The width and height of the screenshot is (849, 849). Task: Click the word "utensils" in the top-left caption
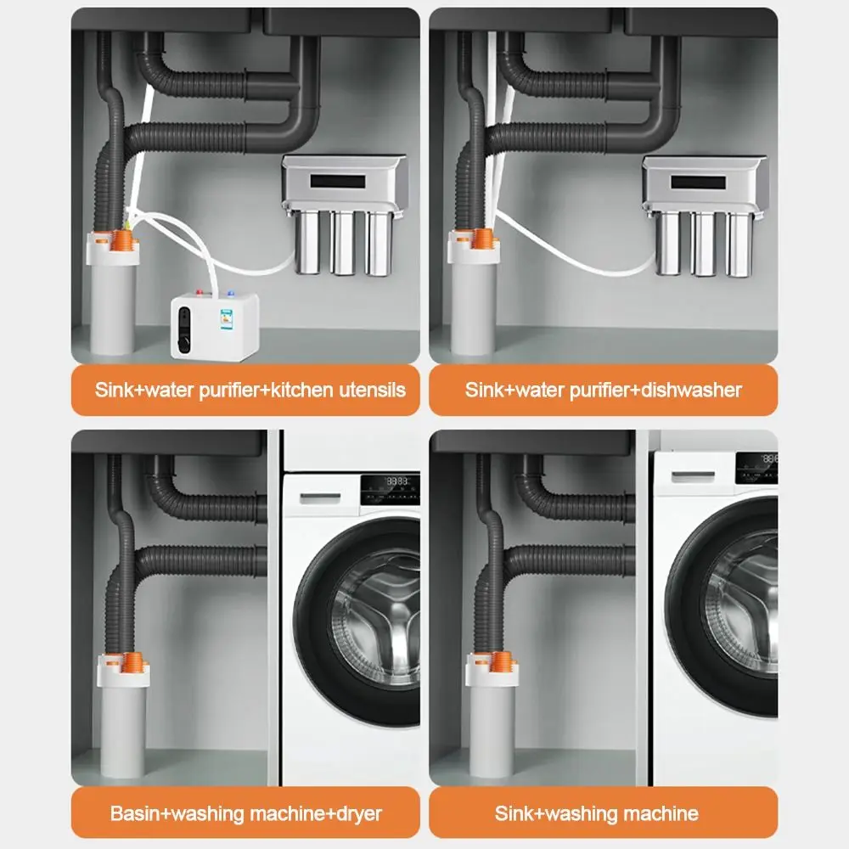click(374, 391)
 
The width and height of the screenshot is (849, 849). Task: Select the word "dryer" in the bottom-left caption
click(356, 813)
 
